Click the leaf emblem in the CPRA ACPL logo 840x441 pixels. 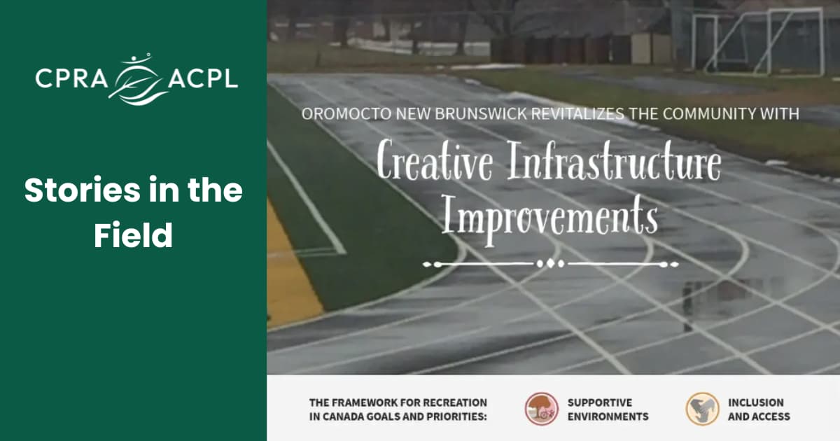coord(136,79)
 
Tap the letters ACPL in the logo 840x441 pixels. coord(202,79)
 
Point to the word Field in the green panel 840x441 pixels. coord(133,237)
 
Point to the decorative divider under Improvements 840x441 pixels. coord(550,264)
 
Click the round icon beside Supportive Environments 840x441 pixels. coord(542,409)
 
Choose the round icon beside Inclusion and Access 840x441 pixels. coord(702,409)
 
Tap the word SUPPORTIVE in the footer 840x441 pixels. coord(600,402)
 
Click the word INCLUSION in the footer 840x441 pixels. coord(756,402)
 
